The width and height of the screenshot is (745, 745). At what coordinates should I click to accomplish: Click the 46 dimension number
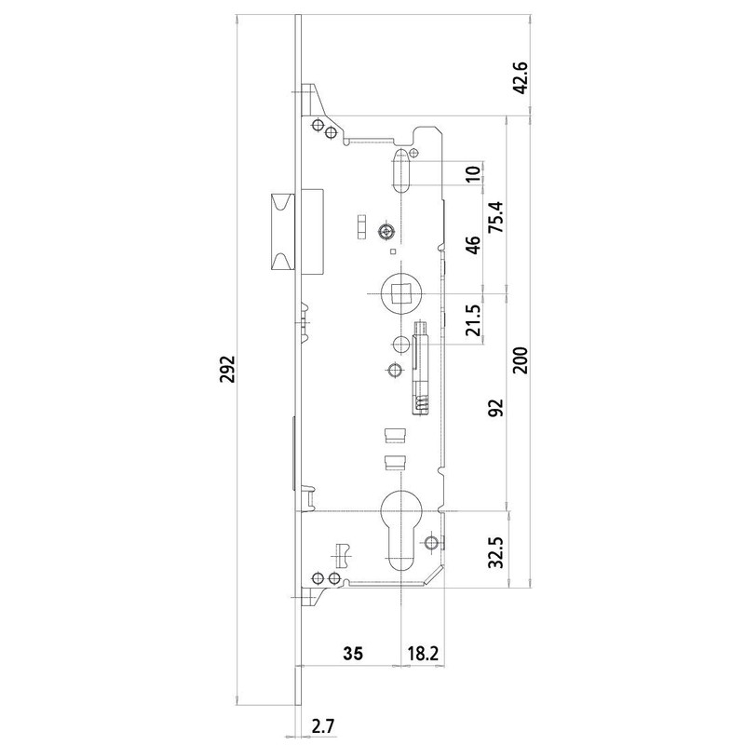pos(473,245)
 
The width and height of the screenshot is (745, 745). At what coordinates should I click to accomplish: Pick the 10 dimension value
pos(473,173)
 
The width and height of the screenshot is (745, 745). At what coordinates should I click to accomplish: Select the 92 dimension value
pos(497,407)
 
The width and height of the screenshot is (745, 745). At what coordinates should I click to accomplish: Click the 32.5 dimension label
pos(497,550)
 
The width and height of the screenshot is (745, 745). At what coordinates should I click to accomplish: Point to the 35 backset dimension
pos(352,653)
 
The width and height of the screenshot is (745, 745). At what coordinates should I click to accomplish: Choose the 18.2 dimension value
pos(422,653)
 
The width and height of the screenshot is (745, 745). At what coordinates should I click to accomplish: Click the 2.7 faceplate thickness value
pos(323,723)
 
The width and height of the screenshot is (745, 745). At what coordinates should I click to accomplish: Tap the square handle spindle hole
pos(400,294)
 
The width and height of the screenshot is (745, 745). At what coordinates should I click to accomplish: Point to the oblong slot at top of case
pos(400,170)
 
